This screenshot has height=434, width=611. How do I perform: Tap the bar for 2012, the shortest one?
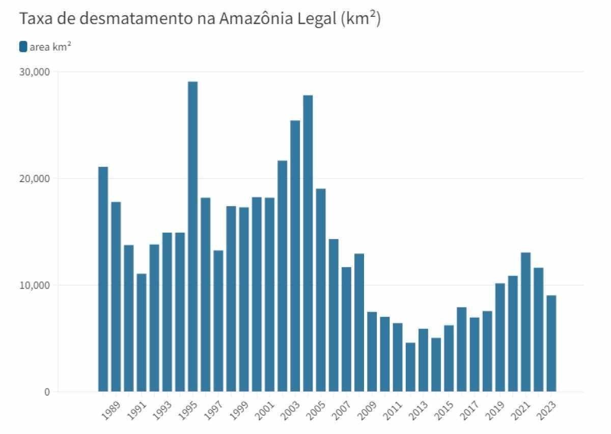(410, 367)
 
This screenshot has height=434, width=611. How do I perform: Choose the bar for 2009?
(372, 351)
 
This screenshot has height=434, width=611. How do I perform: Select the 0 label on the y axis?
(47, 392)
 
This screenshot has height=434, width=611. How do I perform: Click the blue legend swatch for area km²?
(23, 47)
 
